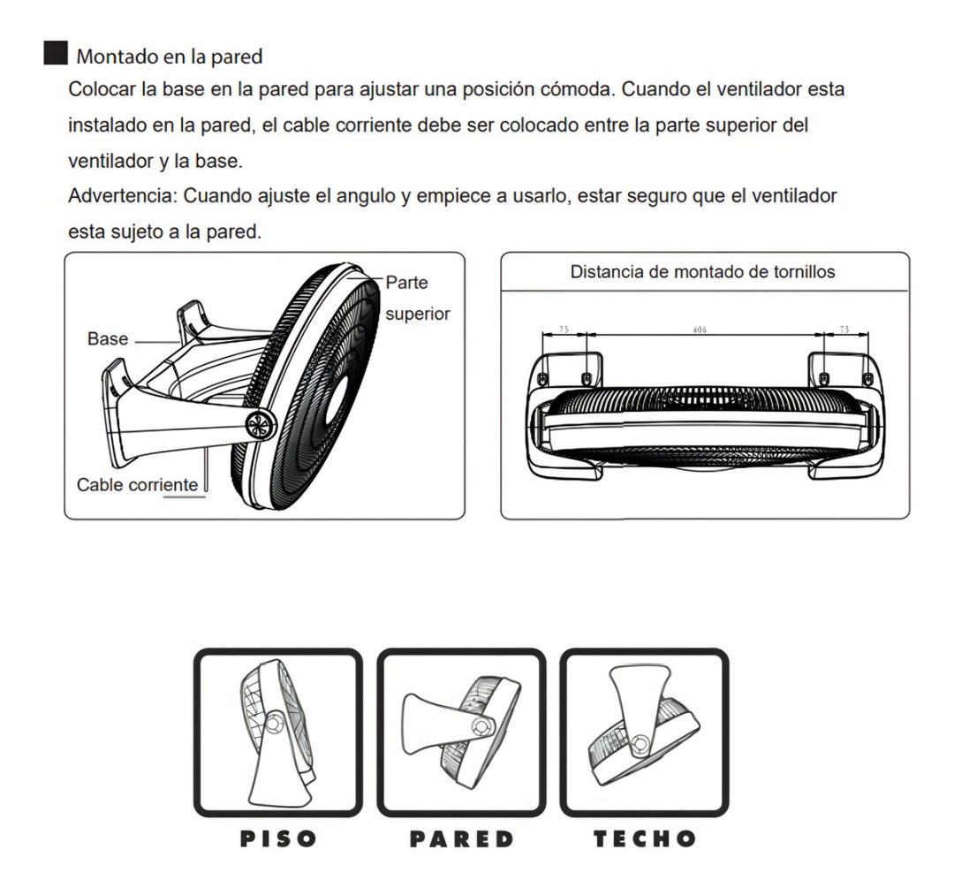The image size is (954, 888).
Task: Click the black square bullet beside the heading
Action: (56, 53)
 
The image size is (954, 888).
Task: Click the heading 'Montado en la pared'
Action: (169, 57)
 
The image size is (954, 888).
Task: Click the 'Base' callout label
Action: (108, 338)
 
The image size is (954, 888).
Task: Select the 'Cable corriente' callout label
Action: (138, 484)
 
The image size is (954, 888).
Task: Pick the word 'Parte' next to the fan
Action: (406, 283)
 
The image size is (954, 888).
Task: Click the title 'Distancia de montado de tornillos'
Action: (703, 271)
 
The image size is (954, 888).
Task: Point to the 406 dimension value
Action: (700, 330)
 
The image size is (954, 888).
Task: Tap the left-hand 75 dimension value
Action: (564, 330)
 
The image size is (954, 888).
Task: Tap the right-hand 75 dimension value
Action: (844, 330)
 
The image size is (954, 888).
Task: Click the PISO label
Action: (278, 839)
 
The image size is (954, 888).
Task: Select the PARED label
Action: (462, 839)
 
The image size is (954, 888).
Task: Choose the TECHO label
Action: (644, 839)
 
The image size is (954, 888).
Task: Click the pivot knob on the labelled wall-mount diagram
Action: (261, 425)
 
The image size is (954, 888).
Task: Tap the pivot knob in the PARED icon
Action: (483, 726)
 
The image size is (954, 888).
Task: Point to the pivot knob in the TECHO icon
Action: (640, 744)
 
